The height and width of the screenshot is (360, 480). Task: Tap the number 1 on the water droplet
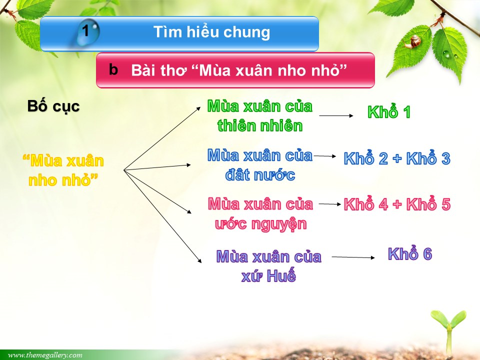pos(85,30)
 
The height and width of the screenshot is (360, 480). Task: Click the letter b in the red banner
pos(113,69)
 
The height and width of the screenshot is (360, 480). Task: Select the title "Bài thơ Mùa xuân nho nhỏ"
pos(239,70)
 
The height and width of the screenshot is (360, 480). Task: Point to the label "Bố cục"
pos(53,106)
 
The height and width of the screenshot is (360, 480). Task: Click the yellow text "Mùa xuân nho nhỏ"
pos(63,170)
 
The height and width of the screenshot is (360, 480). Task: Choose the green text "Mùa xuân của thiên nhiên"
pos(260,116)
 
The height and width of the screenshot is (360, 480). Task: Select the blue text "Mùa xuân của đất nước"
pos(260,165)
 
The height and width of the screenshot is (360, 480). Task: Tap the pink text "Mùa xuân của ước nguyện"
pos(260,214)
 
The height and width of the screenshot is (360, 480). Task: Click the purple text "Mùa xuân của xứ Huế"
pos(269,266)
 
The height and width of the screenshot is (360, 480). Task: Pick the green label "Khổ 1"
pos(389,111)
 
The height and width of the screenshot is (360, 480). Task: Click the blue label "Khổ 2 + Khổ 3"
pos(397,158)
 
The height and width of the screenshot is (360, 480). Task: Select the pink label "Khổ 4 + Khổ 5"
pos(397,204)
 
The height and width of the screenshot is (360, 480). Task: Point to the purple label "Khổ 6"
pos(410,254)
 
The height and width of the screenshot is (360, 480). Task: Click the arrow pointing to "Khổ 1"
pos(336,115)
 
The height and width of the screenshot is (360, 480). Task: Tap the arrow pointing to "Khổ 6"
pos(353,257)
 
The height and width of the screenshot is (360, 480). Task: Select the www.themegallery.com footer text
pos(45,355)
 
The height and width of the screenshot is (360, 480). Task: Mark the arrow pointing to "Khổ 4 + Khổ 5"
pos(330,204)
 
